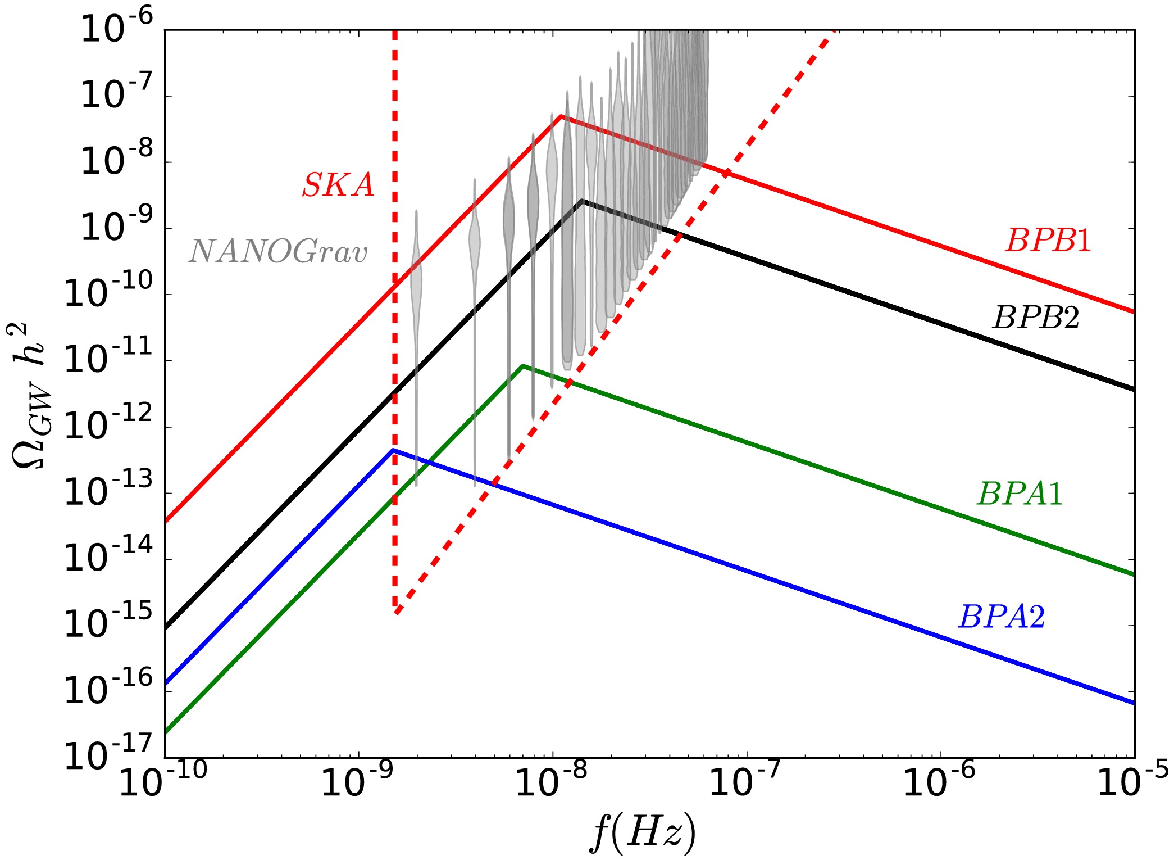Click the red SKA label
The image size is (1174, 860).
(338, 185)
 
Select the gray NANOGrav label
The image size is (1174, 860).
(278, 251)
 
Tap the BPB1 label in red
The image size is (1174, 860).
(1048, 241)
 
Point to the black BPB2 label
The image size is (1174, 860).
(1036, 318)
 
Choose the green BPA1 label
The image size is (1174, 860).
(1020, 494)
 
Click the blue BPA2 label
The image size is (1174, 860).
(1002, 617)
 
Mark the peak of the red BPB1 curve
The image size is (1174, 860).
(561, 116)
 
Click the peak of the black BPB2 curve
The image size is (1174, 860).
(583, 200)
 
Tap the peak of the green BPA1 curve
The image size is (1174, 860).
(523, 366)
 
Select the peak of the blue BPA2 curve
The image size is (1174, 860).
(393, 450)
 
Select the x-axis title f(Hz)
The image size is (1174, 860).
(643, 832)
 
